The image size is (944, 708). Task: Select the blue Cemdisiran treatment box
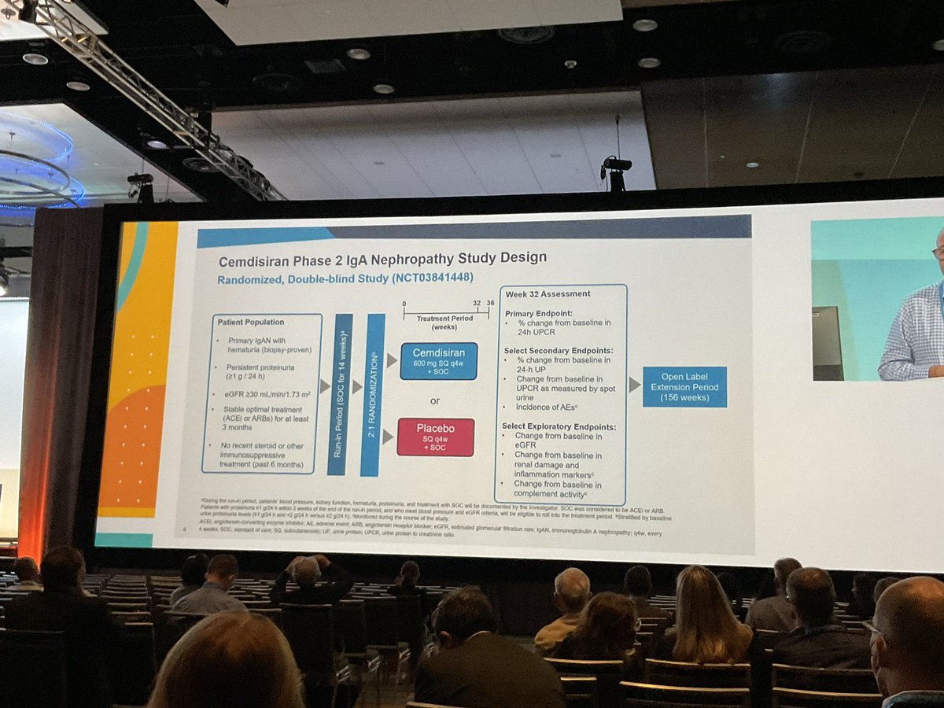click(438, 361)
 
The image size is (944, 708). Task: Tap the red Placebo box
click(435, 437)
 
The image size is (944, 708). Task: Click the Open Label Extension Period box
click(684, 386)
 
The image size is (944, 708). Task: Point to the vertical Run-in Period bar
click(341, 393)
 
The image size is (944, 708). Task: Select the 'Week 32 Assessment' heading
click(548, 294)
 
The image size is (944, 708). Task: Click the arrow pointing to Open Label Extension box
click(634, 385)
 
